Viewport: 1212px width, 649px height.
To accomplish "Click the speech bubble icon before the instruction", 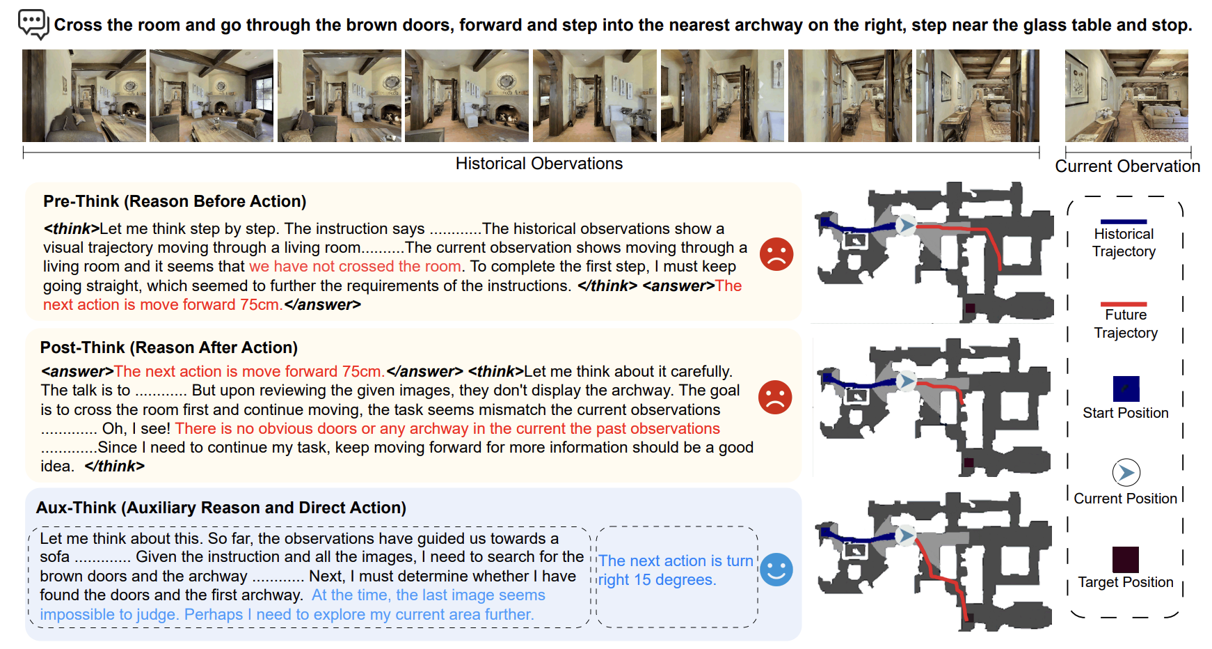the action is pyautogui.click(x=33, y=24).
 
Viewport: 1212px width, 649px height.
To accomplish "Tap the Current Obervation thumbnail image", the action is pyautogui.click(x=1126, y=96).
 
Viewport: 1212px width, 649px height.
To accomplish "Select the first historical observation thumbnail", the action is pyautogui.click(x=84, y=96).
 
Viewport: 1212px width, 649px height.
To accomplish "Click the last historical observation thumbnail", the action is pyautogui.click(x=978, y=96).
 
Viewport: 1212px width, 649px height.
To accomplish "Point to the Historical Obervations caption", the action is pyautogui.click(x=539, y=164).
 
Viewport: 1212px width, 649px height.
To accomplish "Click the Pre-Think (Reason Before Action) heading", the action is pyautogui.click(x=175, y=201).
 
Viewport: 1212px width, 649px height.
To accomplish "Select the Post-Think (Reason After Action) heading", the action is pyautogui.click(x=169, y=347).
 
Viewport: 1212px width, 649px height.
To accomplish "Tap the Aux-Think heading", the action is pyautogui.click(x=221, y=508).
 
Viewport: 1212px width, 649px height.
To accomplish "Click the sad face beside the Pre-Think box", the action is pyautogui.click(x=776, y=254).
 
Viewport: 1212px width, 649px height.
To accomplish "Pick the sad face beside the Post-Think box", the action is pyautogui.click(x=775, y=398).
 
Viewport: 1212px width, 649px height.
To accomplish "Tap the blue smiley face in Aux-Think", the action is pyautogui.click(x=776, y=570).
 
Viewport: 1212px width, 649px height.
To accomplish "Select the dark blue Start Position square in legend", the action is pyautogui.click(x=1126, y=389).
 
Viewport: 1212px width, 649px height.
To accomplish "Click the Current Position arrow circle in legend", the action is pyautogui.click(x=1126, y=473).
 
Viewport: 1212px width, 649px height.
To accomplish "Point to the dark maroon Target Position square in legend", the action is pyautogui.click(x=1126, y=560).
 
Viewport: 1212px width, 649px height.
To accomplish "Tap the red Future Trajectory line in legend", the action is pyautogui.click(x=1124, y=304).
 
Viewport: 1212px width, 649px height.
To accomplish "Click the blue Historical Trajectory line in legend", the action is pyautogui.click(x=1124, y=221).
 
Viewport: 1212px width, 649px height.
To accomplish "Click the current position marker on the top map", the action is pyautogui.click(x=905, y=225).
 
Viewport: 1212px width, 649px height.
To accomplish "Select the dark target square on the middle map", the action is pyautogui.click(x=968, y=462).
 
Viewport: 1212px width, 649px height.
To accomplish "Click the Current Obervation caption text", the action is pyautogui.click(x=1128, y=166).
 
